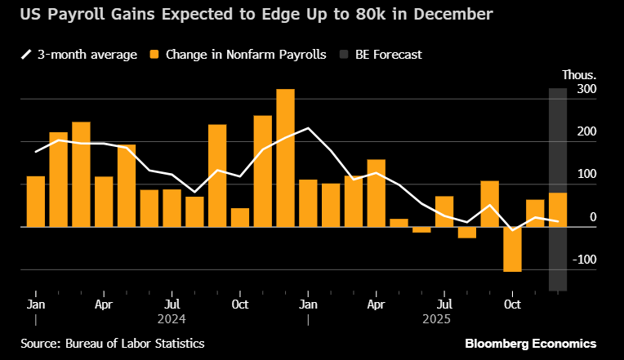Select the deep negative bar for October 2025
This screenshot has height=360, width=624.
[x=512, y=249]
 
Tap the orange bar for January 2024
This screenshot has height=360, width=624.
[x=36, y=201]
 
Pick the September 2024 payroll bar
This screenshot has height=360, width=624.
[x=217, y=176]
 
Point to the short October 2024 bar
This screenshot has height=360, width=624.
[x=240, y=217]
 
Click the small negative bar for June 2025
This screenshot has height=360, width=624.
[x=421, y=229]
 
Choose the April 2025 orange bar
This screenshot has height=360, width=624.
[x=376, y=193]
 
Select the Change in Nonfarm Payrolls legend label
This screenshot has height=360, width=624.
[x=246, y=55]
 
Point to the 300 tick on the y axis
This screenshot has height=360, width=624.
[x=587, y=89]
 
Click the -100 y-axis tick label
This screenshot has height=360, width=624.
[x=584, y=260]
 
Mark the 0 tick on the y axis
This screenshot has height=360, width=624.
[x=592, y=217]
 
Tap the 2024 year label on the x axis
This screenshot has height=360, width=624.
[x=172, y=318]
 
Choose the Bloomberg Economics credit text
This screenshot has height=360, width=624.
[x=530, y=343]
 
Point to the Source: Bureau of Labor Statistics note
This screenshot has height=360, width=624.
[x=113, y=343]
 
